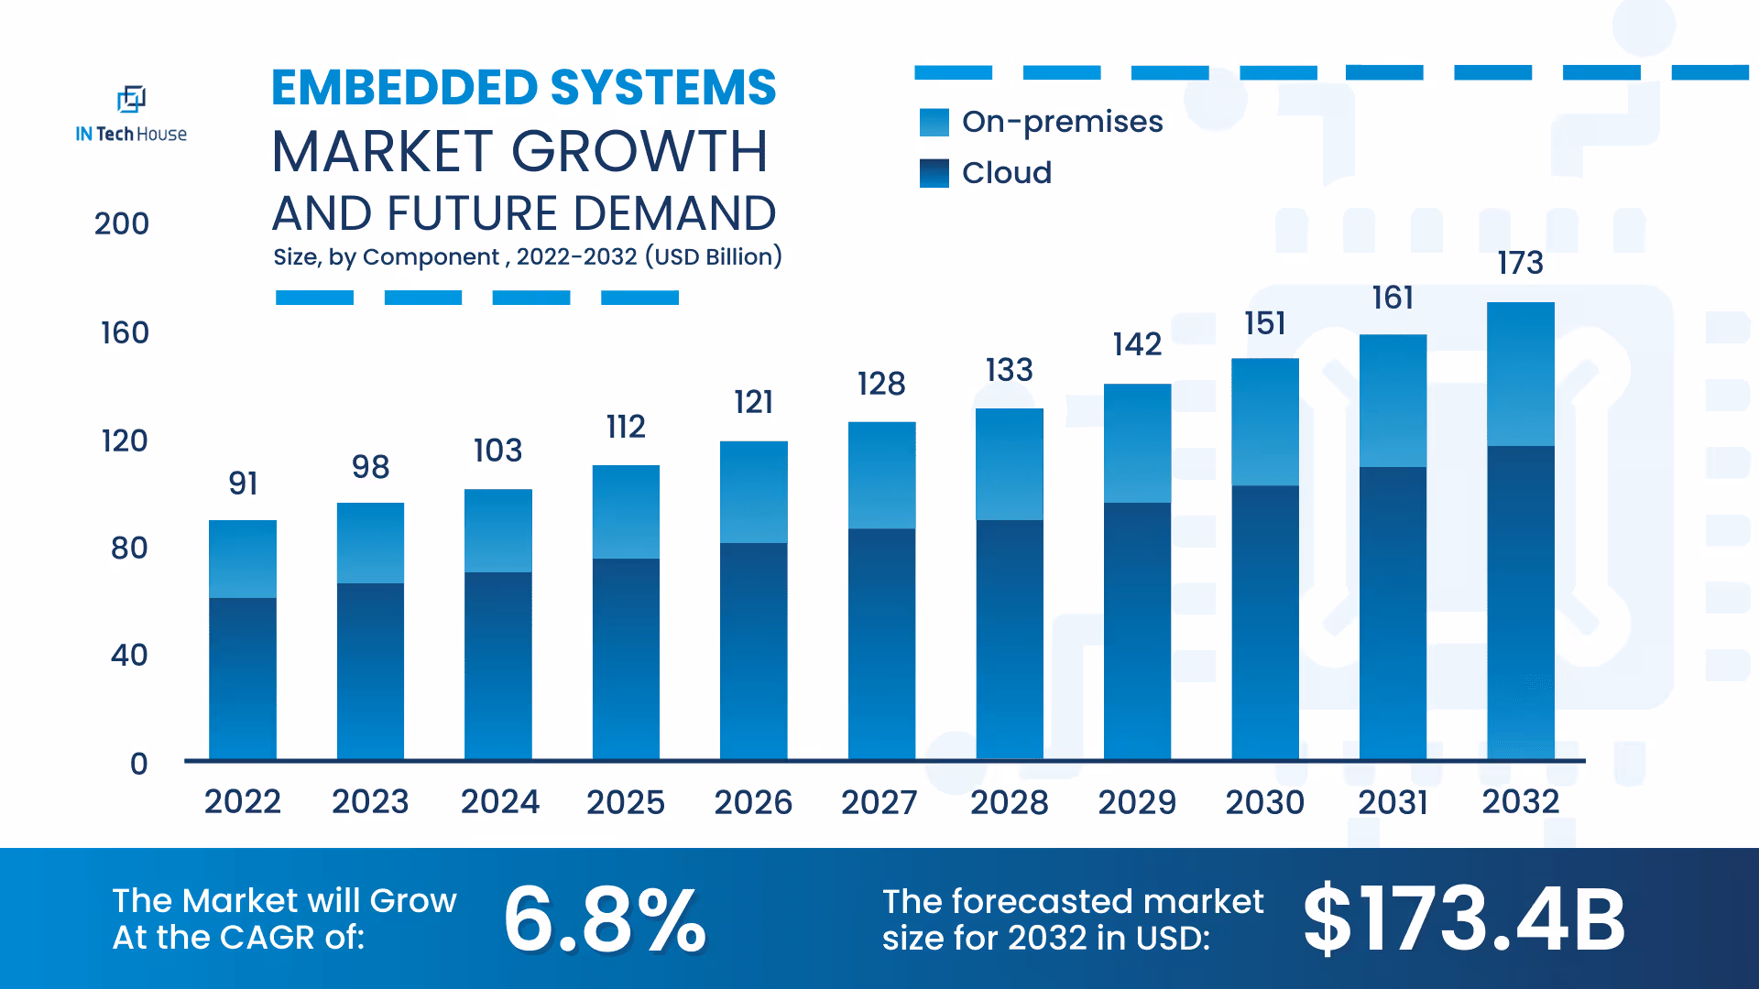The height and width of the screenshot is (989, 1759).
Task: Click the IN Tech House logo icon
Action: [x=131, y=99]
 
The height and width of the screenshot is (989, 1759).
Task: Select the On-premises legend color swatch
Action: [x=934, y=123]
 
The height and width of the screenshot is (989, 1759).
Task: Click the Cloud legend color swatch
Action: [x=934, y=173]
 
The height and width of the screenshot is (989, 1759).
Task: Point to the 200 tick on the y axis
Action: [x=121, y=223]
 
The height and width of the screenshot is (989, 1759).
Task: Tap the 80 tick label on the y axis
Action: [x=128, y=548]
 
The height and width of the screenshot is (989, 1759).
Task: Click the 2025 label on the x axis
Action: [x=625, y=802]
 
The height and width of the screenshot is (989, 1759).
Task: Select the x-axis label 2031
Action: [x=1393, y=802]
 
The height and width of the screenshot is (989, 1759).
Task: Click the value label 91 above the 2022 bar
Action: [x=243, y=483]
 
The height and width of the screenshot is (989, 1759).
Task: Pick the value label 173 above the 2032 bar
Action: [x=1520, y=264]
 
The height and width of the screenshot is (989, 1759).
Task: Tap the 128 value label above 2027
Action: [x=881, y=383]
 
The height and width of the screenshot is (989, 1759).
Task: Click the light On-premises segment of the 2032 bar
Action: [x=1520, y=374]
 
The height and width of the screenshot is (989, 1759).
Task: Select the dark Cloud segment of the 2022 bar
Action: [x=243, y=678]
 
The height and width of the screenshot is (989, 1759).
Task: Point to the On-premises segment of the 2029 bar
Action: [x=1137, y=443]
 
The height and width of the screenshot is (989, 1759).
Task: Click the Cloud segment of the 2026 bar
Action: [x=753, y=650]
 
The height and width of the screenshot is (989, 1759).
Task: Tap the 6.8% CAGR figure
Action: [x=605, y=918]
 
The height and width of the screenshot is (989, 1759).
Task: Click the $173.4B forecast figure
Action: [x=1463, y=918]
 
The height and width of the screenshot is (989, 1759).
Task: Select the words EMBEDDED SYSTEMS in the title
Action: [x=523, y=88]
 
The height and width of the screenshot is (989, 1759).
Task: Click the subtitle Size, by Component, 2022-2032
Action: [x=527, y=256]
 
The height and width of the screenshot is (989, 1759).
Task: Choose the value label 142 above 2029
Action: [x=1137, y=344]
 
